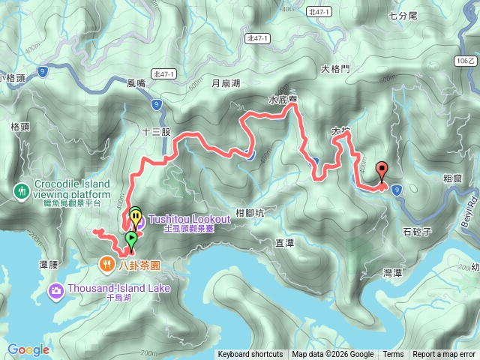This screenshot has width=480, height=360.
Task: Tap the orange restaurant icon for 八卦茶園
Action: [x=109, y=264]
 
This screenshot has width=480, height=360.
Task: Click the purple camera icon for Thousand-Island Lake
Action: [x=56, y=289]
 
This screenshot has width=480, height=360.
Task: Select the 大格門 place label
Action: [x=335, y=69]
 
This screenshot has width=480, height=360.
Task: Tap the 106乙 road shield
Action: [x=466, y=60]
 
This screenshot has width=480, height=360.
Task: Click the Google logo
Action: [x=28, y=349]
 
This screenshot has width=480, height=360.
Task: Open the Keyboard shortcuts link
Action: [x=250, y=355]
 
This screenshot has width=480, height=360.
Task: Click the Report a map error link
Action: [x=445, y=355]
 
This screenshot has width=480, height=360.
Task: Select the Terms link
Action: [x=393, y=355]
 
